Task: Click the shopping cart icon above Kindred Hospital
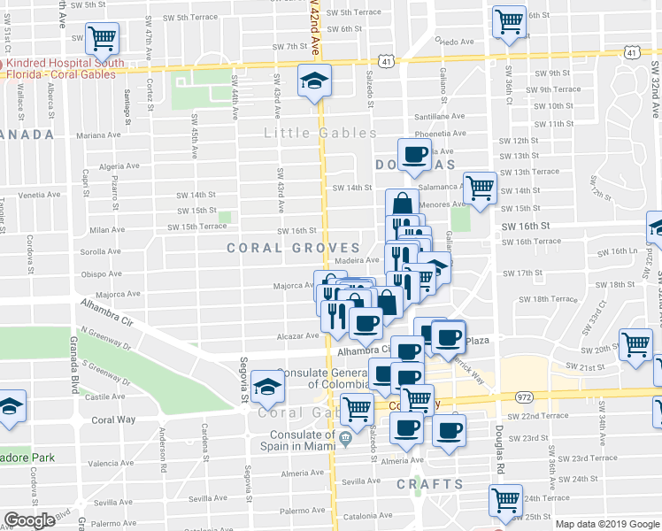click(102, 38)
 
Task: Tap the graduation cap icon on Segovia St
click(266, 386)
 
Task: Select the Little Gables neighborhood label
click(320, 134)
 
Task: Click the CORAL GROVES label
click(293, 248)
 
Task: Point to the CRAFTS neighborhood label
click(429, 484)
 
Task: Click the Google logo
click(30, 520)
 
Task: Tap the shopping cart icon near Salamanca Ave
click(479, 188)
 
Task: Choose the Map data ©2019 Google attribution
click(606, 523)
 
